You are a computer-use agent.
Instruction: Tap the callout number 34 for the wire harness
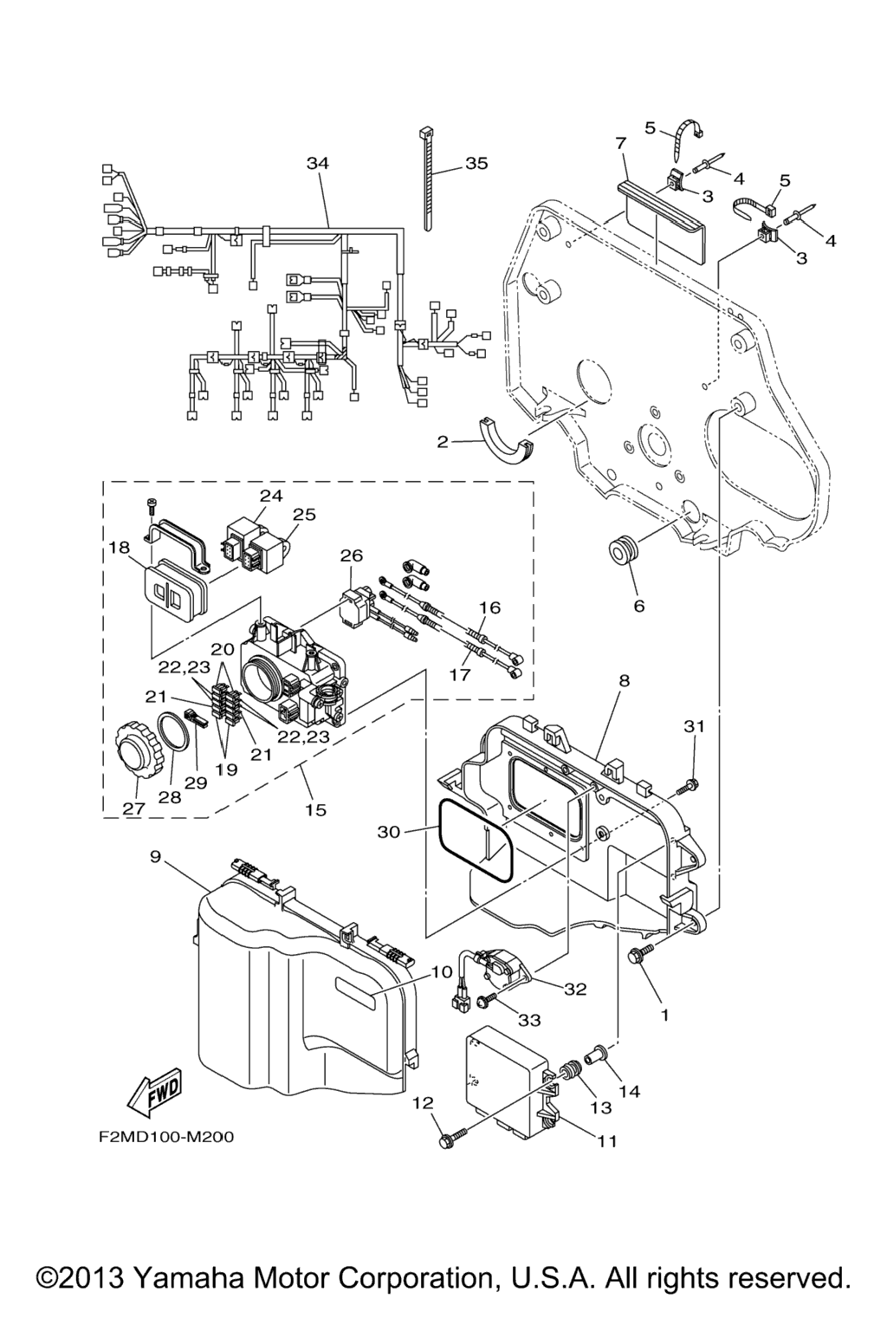coord(318,163)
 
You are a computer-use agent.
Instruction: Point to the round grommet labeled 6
coord(628,551)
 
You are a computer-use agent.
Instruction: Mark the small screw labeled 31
coord(689,785)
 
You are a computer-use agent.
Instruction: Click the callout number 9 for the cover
coord(155,857)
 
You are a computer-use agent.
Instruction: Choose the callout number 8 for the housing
coord(624,681)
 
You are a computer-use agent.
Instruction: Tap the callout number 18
coord(119,548)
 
